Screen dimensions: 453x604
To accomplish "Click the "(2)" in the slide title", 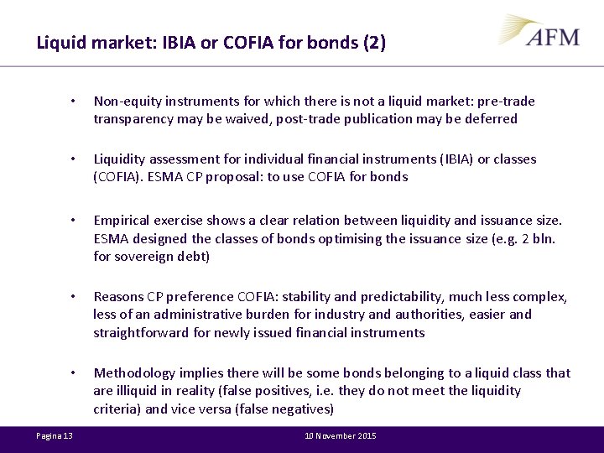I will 374,43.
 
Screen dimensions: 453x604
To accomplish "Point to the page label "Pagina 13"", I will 55,435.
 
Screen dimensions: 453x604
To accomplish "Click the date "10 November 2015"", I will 341,435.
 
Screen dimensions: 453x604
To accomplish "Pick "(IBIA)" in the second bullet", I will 450,159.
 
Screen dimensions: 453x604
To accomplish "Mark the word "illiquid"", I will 138,391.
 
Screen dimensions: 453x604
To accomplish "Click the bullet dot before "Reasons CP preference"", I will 74,297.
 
